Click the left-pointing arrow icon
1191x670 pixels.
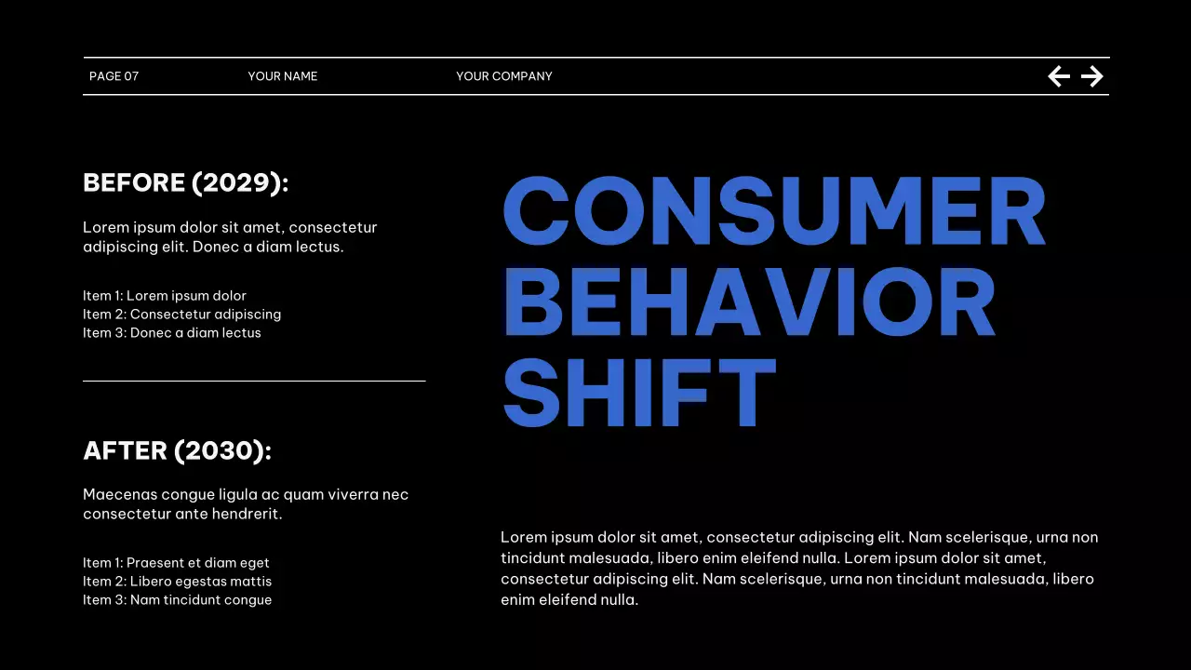click(1059, 76)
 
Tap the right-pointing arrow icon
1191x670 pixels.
click(1092, 76)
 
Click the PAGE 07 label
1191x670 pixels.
click(114, 76)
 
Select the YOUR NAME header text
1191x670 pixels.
click(283, 76)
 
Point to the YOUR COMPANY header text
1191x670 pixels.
click(504, 76)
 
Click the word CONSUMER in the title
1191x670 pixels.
click(774, 211)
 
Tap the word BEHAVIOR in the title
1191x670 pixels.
click(749, 302)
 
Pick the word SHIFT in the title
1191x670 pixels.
click(639, 393)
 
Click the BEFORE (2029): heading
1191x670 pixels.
click(186, 182)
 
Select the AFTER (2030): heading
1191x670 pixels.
click(178, 450)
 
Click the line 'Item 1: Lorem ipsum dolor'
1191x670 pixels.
click(165, 296)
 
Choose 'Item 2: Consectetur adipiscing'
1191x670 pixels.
click(182, 315)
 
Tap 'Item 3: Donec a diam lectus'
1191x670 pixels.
click(172, 333)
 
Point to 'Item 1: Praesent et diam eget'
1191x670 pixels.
click(176, 563)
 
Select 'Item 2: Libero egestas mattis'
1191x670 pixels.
click(178, 582)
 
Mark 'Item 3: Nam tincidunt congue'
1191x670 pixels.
click(178, 600)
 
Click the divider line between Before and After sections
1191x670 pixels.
click(254, 381)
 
